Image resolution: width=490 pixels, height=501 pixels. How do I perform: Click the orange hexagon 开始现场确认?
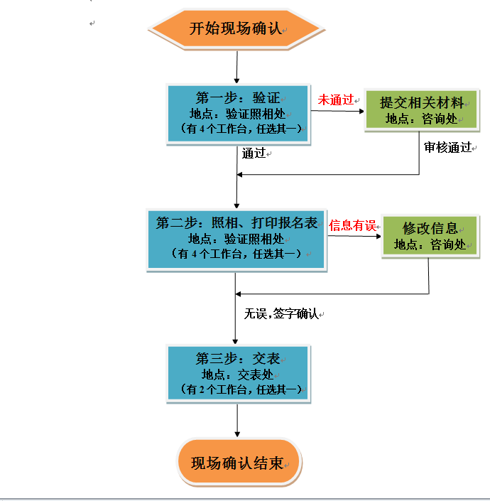pos(236,29)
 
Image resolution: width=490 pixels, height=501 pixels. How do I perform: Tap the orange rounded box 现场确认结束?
pos(239,463)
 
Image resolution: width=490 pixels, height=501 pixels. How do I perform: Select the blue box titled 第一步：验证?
pos(239,114)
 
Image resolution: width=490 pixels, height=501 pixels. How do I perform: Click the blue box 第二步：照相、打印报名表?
pos(236,239)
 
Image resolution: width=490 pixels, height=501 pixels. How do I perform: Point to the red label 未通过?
pos(335,100)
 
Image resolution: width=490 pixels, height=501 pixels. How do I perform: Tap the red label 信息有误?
pos(352,226)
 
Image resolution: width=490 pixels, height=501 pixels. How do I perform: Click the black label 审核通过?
pos(447,147)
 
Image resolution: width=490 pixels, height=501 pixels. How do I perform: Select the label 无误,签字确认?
pos(281,313)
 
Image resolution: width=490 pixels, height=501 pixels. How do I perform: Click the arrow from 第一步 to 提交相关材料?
pos(337,109)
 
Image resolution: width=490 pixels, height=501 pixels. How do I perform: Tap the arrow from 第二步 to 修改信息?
pos(353,235)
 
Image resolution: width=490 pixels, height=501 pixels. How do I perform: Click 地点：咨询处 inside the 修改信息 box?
pos(430,244)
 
